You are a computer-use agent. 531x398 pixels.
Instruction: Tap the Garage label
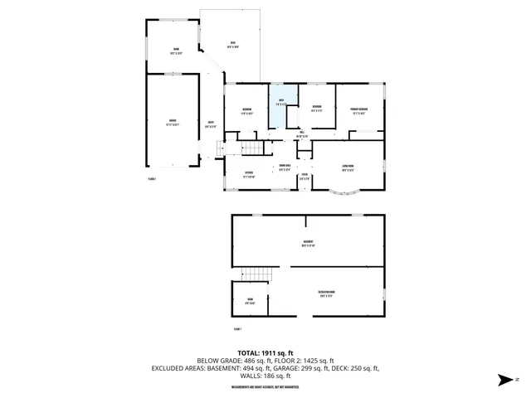point(173,123)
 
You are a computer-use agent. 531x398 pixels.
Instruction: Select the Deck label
point(234,45)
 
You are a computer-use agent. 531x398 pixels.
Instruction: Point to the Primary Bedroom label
point(359,110)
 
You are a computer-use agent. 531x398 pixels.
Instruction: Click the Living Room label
point(348,167)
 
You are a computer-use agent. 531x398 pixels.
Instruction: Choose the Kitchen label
point(248,173)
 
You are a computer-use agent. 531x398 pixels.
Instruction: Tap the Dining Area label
point(285,167)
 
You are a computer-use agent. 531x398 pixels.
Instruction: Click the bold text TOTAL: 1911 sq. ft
point(265,352)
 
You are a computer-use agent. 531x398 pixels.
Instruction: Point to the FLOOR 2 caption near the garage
point(152,177)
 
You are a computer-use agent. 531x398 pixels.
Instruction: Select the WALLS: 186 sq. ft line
point(265,375)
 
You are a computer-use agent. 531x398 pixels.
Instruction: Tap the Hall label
point(302,133)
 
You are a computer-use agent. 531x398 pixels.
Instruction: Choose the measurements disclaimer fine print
point(265,386)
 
